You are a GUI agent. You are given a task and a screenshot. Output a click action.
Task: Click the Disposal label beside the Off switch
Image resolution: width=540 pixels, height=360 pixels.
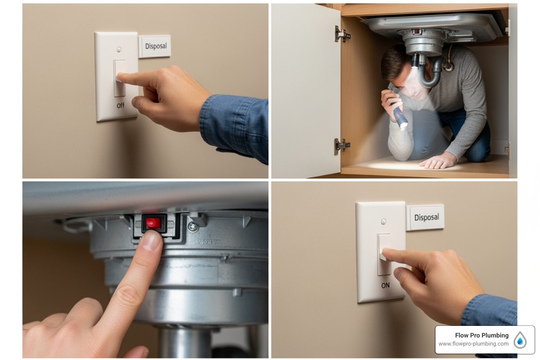[155, 46]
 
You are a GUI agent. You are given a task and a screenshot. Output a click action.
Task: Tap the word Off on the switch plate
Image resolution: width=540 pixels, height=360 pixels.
[120, 105]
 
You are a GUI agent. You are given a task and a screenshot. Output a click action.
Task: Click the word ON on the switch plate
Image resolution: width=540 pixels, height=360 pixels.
[385, 285]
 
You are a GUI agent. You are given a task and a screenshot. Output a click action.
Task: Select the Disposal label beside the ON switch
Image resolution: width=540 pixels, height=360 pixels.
[426, 218]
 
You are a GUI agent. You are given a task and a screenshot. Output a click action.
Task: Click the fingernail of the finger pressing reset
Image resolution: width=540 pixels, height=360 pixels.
[151, 242]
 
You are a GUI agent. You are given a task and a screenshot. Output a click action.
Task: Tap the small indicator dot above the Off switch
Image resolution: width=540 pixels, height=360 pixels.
[119, 49]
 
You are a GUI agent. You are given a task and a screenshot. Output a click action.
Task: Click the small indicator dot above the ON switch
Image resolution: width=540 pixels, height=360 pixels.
[383, 221]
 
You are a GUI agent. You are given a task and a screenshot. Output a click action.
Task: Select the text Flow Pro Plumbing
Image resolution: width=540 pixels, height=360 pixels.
[481, 335]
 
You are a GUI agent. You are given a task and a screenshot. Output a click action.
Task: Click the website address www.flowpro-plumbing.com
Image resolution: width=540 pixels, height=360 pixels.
[473, 344]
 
